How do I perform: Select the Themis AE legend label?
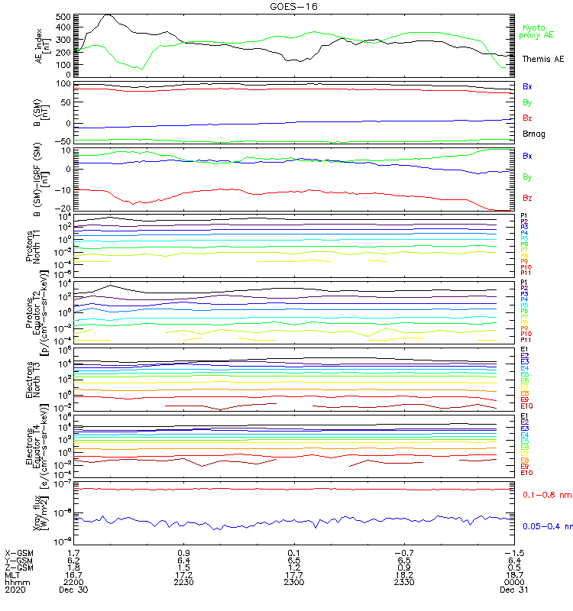[x=542, y=59]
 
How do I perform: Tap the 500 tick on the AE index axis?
[x=63, y=16]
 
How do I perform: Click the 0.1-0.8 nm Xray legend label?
[x=542, y=495]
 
